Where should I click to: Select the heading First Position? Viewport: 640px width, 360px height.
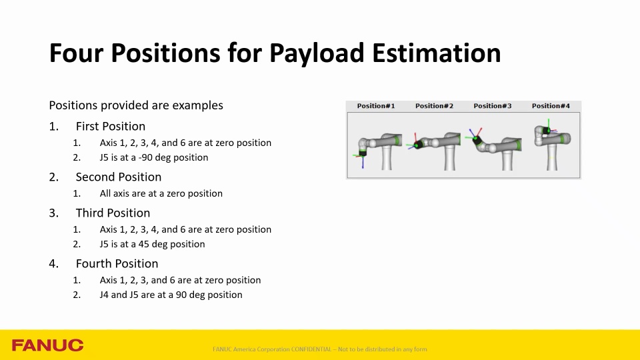[110, 126]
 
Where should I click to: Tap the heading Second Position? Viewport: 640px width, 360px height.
[118, 177]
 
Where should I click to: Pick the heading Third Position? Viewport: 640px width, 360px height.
[113, 213]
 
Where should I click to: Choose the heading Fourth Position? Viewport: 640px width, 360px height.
[117, 263]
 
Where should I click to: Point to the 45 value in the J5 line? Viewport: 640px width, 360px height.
[145, 244]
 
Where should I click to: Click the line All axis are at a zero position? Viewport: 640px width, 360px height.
[161, 193]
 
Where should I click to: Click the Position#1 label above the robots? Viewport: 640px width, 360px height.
[376, 106]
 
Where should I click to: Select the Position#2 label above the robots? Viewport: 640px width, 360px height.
[434, 106]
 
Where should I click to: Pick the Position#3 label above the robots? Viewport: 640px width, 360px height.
[493, 106]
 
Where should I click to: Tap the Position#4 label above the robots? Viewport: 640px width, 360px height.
[551, 106]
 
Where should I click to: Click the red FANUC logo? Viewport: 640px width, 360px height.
[47, 345]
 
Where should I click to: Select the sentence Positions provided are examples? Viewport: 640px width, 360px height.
[136, 105]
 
